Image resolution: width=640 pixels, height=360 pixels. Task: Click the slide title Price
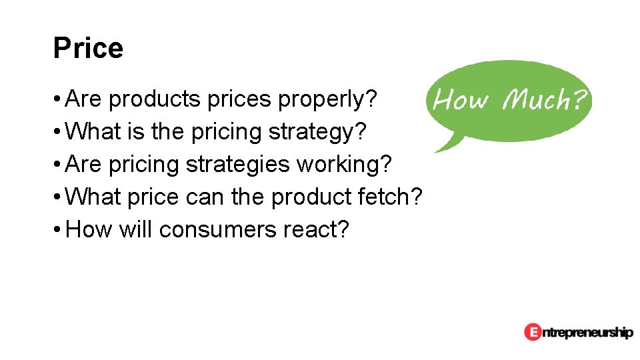click(x=88, y=49)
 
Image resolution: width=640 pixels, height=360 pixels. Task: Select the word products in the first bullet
click(x=154, y=99)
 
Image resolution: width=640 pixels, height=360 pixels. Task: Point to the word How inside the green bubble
click(x=461, y=100)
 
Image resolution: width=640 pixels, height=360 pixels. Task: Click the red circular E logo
click(x=532, y=331)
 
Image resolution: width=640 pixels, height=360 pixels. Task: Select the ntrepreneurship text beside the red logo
click(x=587, y=332)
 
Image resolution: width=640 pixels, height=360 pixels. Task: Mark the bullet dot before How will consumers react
click(x=59, y=230)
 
